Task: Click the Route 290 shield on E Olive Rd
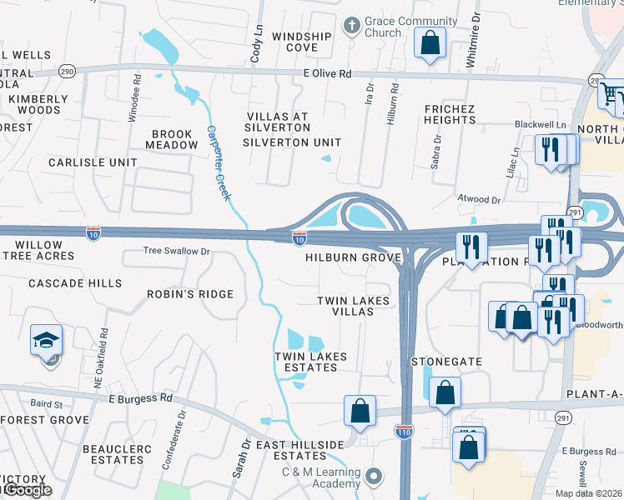[x=66, y=73]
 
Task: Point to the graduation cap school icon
[x=46, y=340]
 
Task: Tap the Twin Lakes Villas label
[x=354, y=306]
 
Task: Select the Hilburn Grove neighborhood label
[x=354, y=258]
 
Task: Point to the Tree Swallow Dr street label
[x=176, y=250]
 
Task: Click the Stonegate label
[x=447, y=362]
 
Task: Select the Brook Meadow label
[x=172, y=139]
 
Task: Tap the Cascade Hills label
[x=75, y=283]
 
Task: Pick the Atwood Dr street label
[x=479, y=200]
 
